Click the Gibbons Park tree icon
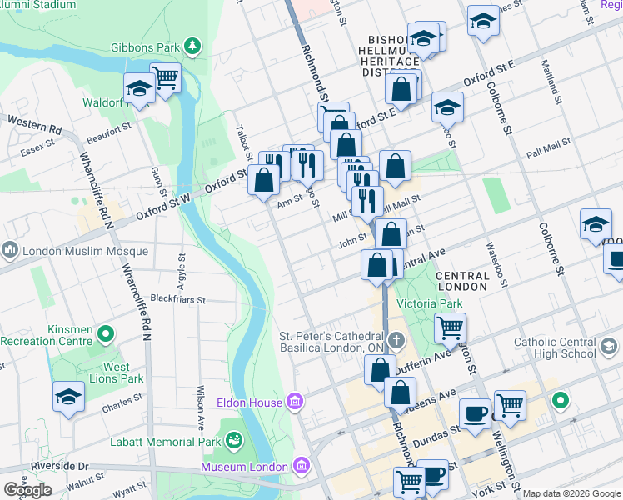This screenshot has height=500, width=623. tap(192, 43)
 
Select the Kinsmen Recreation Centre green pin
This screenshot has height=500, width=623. tap(105, 335)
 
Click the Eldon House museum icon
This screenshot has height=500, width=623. tap(294, 402)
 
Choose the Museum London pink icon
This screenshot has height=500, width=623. tap(301, 465)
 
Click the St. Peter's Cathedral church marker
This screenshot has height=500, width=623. tap(396, 340)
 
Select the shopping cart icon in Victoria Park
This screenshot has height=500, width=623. tap(450, 327)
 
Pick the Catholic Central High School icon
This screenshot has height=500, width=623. tap(609, 346)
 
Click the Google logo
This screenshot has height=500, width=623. tap(27, 490)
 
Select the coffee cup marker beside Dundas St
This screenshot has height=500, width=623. tap(475, 413)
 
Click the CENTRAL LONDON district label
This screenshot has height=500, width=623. tap(461, 281)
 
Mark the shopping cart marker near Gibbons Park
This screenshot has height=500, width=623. tap(166, 78)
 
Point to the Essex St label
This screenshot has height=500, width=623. tap(37, 142)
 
